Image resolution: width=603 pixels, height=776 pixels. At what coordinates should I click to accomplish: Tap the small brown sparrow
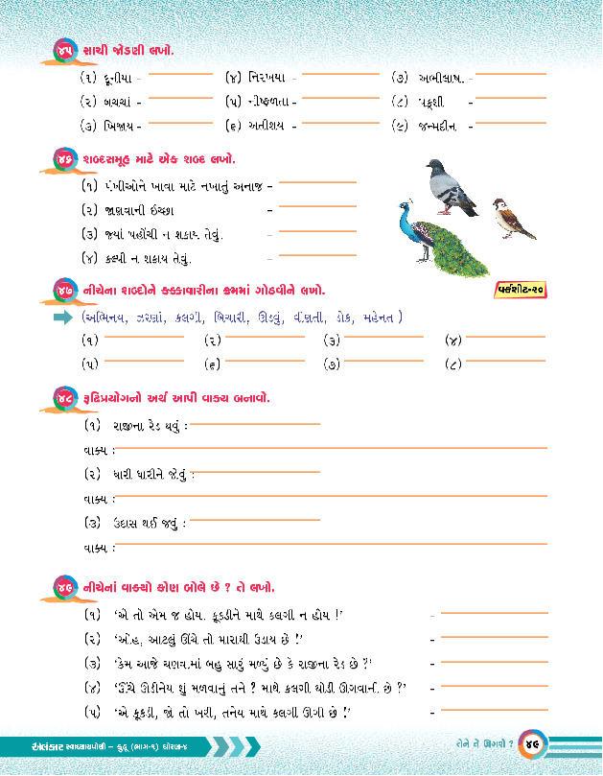pyautogui.click(x=513, y=219)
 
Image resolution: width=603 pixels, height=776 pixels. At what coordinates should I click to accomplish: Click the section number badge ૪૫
pyautogui.click(x=65, y=50)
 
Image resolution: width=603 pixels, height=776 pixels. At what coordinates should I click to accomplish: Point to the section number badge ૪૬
pyautogui.click(x=65, y=159)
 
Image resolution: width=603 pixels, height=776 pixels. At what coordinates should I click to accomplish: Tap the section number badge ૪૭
pyautogui.click(x=65, y=289)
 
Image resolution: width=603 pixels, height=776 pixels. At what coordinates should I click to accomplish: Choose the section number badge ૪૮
pyautogui.click(x=65, y=398)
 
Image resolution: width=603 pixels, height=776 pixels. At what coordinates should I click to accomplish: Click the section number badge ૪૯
pyautogui.click(x=65, y=586)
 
